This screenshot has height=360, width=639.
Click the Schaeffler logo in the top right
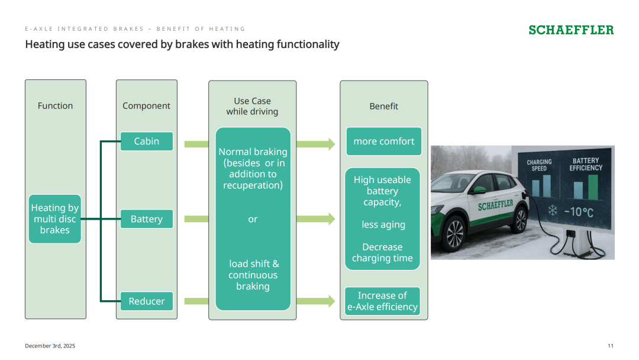571,30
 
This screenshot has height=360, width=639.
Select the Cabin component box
147,141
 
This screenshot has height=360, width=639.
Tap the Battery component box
147,219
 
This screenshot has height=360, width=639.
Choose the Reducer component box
147,301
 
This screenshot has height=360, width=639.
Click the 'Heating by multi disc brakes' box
55,219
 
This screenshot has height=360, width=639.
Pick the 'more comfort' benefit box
384,141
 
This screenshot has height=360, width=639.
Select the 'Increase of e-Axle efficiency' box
382,301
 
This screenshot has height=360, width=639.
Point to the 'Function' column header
56,106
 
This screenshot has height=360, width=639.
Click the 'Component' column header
146,106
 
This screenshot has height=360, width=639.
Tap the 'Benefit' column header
383,107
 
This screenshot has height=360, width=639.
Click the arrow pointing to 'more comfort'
316,144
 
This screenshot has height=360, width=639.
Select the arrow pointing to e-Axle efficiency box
316,301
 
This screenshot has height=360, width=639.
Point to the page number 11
611,346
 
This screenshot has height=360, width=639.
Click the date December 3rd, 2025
50,346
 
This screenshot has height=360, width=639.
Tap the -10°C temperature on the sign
579,212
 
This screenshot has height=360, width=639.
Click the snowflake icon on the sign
553,210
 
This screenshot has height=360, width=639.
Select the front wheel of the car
454,234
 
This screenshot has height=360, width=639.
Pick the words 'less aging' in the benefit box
383,224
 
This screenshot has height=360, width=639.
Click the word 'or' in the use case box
253,219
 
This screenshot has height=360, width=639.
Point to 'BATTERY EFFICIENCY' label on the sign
586,164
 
